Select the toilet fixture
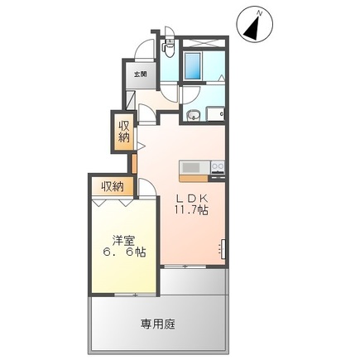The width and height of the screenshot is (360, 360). pyautogui.click(x=167, y=48)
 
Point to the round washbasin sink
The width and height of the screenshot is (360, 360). pyautogui.click(x=194, y=114)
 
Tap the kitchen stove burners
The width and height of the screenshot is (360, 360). pyautogui.click(x=218, y=168)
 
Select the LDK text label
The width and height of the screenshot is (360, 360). pyautogui.click(x=190, y=199)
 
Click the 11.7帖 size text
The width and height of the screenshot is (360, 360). pyautogui.click(x=190, y=211)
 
